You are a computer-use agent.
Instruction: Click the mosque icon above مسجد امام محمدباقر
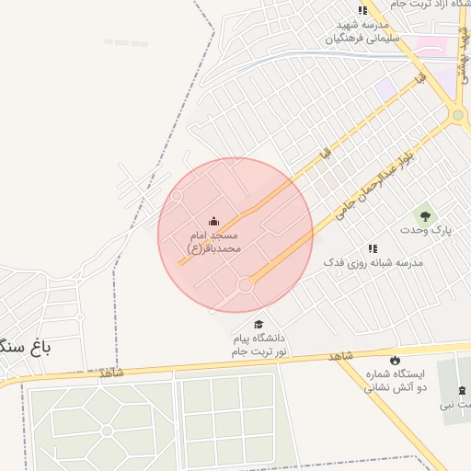[214, 221]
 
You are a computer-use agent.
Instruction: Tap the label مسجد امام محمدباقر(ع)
[214, 242]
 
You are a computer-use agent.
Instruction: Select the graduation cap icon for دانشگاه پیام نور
[258, 325]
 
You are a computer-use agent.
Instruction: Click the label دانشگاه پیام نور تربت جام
[259, 345]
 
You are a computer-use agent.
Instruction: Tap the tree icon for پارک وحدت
[425, 215]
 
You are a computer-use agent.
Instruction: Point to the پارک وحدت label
[426, 230]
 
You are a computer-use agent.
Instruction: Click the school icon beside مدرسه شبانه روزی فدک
[373, 248]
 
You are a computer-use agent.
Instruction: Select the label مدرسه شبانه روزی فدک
[373, 263]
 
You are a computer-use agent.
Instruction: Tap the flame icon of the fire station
[396, 360]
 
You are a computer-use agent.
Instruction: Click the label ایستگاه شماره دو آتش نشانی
[396, 381]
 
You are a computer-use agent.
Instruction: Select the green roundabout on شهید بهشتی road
[458, 116]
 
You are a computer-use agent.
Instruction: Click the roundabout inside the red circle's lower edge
[245, 286]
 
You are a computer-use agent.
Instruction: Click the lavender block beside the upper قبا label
[385, 86]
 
